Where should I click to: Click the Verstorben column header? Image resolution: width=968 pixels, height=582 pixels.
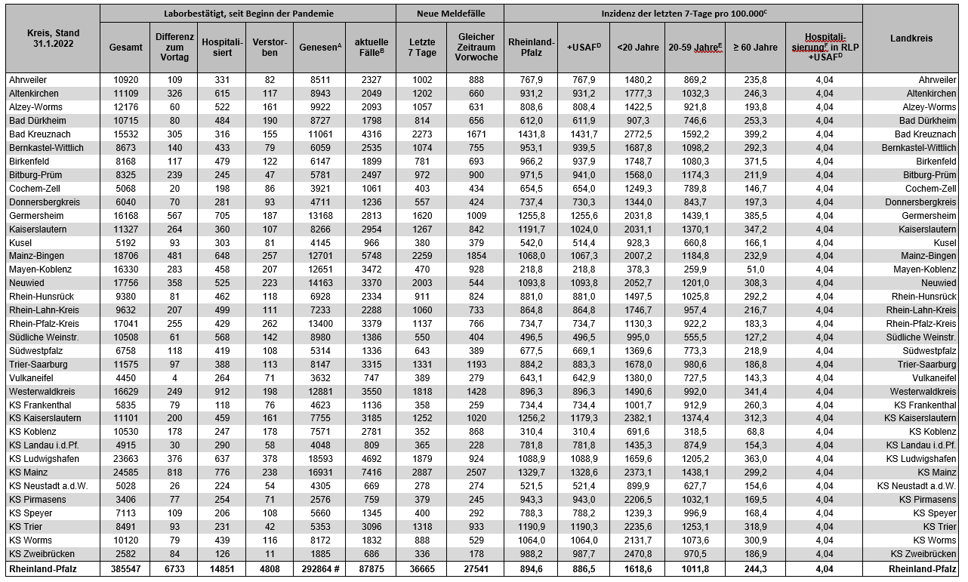pos(269,47)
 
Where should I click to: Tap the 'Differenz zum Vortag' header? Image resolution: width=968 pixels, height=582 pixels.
pos(174,47)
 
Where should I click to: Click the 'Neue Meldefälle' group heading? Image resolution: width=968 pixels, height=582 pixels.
pos(451,14)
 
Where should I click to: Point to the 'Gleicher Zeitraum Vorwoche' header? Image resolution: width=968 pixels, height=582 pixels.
pos(476,47)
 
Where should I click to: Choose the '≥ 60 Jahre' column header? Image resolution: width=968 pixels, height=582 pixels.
pos(755,47)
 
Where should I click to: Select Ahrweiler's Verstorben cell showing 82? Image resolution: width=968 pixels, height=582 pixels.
pos(270,80)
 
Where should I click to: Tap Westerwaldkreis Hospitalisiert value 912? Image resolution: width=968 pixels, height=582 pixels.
pos(220,391)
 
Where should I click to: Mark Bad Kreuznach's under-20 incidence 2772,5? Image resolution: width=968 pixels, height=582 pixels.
pos(639,134)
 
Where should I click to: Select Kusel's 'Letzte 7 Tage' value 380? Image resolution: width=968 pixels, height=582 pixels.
pos(422,243)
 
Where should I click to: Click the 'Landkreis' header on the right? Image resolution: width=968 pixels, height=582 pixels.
pos(911,38)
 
